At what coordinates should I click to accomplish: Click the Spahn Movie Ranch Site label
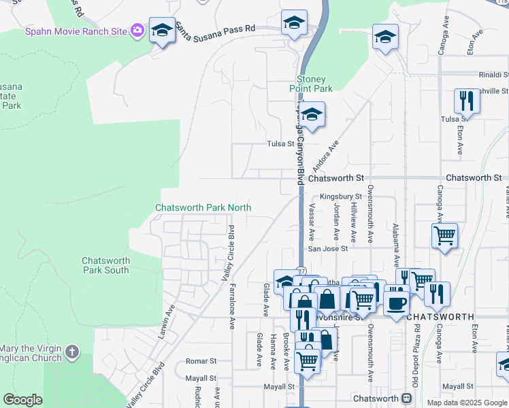76,31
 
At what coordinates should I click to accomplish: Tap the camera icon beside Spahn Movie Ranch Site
138,30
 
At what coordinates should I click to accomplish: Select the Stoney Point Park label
310,84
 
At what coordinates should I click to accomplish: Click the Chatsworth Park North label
203,207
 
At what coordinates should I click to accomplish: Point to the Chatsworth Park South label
105,265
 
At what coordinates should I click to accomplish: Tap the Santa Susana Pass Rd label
215,29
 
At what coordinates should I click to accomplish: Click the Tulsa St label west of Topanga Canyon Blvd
280,144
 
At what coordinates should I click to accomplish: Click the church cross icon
73,352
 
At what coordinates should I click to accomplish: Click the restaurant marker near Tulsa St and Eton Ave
467,101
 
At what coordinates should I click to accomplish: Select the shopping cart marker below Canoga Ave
444,236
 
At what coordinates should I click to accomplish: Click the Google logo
22,400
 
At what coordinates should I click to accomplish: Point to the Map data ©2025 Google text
466,403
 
